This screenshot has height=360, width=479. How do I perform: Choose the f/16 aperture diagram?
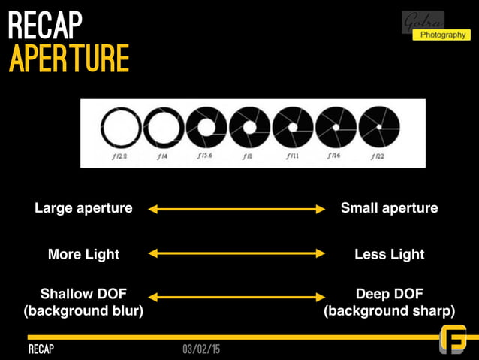point(336,128)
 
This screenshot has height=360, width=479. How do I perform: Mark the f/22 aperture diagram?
point(379,128)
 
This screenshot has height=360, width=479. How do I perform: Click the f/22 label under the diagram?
point(379,156)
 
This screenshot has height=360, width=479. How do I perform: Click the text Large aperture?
point(83,208)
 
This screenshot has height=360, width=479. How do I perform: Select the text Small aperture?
point(389,208)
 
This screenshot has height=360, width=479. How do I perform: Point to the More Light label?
point(83,254)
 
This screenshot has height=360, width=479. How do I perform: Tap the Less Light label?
point(389,254)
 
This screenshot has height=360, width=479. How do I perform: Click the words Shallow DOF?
point(83,293)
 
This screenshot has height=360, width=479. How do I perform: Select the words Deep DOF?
point(389,293)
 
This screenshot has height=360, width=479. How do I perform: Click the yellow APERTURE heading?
point(69,59)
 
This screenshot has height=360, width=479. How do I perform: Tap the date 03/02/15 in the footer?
point(201,350)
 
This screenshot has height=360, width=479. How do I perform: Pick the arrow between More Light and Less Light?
point(236,254)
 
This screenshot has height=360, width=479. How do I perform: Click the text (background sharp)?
point(389,310)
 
